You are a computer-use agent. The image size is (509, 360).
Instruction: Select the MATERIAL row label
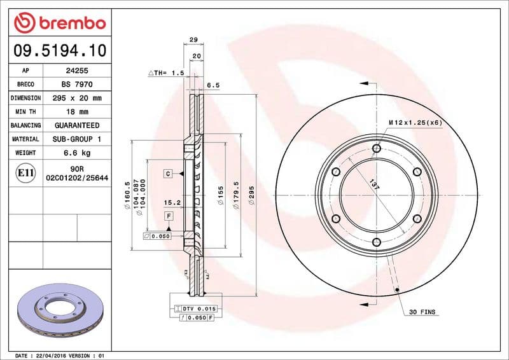(x=25, y=139)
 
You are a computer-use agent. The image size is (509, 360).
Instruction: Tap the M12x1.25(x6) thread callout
(x=415, y=121)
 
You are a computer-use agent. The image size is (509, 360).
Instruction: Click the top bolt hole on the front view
(x=376, y=148)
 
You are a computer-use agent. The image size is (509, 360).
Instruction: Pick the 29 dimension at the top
(x=193, y=39)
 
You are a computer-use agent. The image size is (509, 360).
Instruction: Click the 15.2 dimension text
(x=169, y=204)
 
